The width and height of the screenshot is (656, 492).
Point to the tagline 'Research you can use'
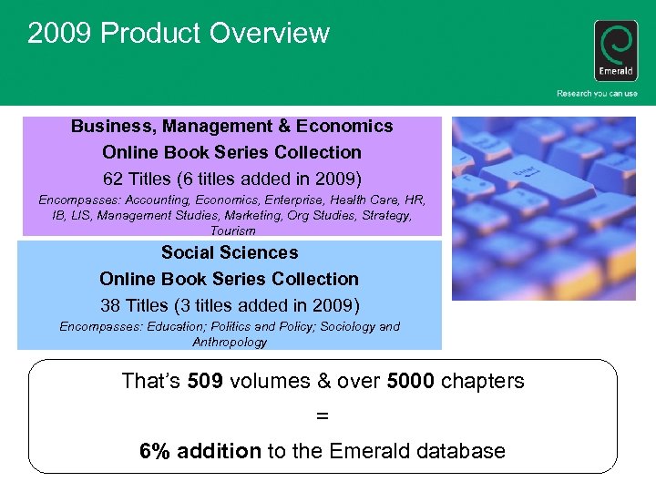point(598,94)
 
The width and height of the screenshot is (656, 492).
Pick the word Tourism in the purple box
point(232,231)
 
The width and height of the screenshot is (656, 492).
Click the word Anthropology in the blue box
point(230,342)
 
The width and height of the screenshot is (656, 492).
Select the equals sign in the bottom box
point(322,415)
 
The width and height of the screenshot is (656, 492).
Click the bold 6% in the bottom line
point(155,450)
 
